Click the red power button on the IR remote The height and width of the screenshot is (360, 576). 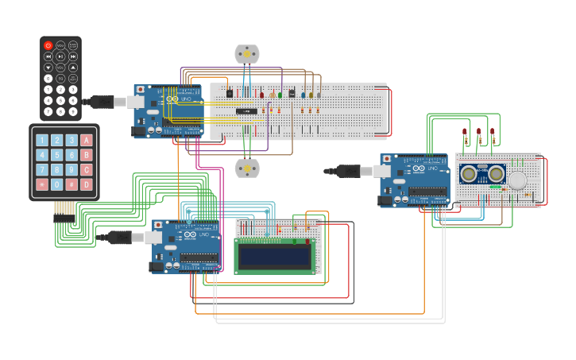(x=48, y=45)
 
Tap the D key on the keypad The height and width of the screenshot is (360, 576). (x=86, y=184)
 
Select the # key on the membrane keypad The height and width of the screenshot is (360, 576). (x=72, y=184)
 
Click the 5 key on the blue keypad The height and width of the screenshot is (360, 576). (x=57, y=155)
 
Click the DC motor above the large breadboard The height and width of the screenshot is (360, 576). (x=247, y=54)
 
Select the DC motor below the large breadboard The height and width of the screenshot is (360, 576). (x=247, y=168)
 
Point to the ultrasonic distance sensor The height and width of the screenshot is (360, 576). (x=482, y=174)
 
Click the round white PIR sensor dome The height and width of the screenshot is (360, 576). (x=517, y=180)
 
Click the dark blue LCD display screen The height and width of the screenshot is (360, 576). (x=273, y=256)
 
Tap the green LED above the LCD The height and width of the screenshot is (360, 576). (x=295, y=241)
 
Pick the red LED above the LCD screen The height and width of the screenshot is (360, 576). (x=307, y=241)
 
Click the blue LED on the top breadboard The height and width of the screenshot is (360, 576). (x=303, y=95)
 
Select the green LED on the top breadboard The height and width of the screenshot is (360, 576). (x=280, y=95)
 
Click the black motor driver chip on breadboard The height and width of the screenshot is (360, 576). (x=246, y=111)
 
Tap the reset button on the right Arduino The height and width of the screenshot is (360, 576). (x=387, y=160)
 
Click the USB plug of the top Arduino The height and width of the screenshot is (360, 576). (x=102, y=102)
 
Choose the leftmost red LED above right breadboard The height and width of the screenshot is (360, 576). (x=465, y=131)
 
